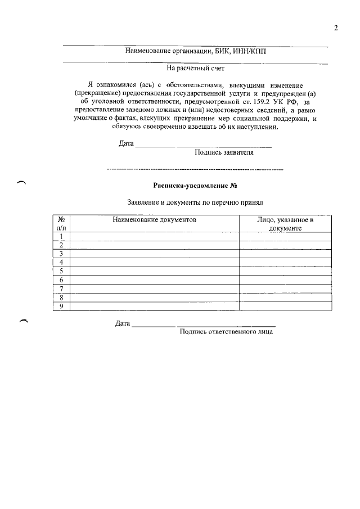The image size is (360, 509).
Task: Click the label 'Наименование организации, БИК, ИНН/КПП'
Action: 195,52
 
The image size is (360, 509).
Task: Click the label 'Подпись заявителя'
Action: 224,152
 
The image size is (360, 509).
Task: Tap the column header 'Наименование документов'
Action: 154,220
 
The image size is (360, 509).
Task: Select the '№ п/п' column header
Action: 61,224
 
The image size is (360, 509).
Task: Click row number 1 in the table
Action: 61,236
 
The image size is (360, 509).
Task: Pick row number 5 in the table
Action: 61,271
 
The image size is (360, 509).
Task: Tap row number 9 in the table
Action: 61,306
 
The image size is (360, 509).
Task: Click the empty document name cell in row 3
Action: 154,254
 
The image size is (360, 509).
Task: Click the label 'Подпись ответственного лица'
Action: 226,332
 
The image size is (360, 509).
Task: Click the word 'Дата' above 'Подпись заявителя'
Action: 126,143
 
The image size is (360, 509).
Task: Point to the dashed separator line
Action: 195,169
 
